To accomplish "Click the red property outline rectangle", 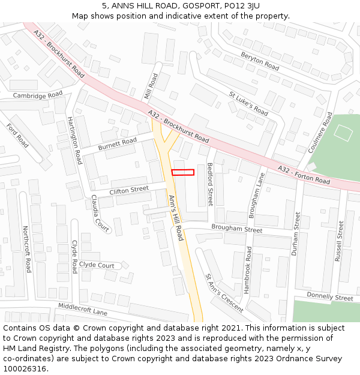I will coord(182,172).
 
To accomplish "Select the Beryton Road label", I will coord(260,61).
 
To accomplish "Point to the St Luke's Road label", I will coord(248,103).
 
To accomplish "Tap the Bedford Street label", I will coord(210,184).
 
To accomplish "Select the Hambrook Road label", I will coord(247,270).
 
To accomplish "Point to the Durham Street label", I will coord(296,233).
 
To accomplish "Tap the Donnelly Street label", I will coord(330,297).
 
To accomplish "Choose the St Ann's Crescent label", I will coord(224,293).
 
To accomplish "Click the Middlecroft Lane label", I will coord(82,310).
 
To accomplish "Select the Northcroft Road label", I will coord(26,249).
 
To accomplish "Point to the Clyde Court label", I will coord(97,265).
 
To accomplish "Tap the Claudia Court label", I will coord(100,213).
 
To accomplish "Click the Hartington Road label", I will coord(74,140).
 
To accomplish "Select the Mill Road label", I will coord(151,86).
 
